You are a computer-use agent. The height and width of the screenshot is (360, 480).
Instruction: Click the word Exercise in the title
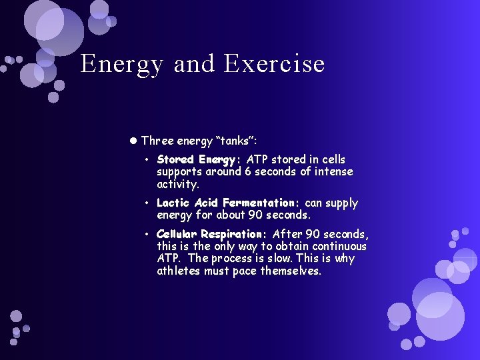(275, 64)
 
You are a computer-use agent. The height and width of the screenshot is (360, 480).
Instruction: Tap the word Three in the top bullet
(157, 141)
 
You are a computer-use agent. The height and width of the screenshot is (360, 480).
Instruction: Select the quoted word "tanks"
(237, 141)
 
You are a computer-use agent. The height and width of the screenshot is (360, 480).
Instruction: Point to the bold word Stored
(175, 160)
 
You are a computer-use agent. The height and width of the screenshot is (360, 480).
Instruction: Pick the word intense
(331, 172)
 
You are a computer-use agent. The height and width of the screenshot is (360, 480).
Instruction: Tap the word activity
(177, 184)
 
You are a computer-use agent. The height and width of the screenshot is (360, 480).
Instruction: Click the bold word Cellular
(177, 234)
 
